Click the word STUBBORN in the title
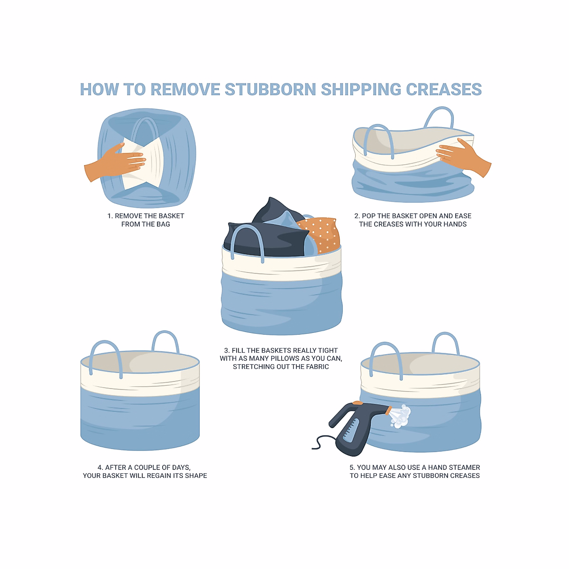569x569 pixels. [270, 89]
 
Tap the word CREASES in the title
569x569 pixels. [444, 89]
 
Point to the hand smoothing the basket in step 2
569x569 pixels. [462, 157]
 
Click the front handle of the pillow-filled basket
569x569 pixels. [248, 239]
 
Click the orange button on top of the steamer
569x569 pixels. [358, 403]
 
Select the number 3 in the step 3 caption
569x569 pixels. [227, 350]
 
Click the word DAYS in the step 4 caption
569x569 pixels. [182, 468]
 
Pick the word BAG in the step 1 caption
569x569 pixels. [163, 224]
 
